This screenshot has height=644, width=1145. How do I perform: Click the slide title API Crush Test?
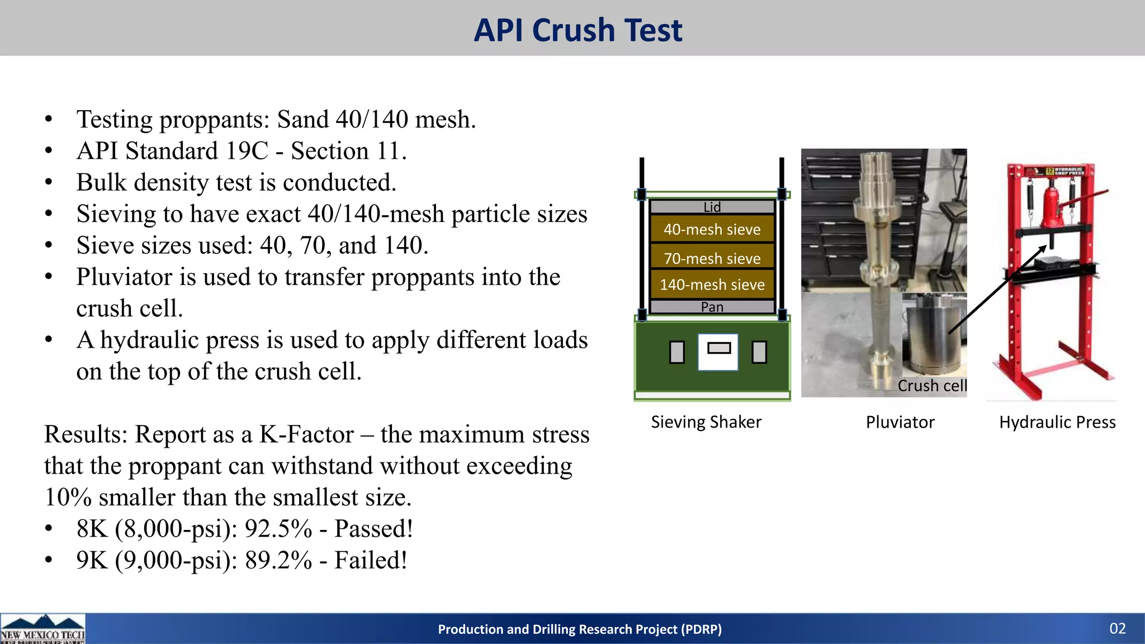pos(578,30)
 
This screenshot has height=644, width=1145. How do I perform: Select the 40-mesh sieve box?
pos(712,229)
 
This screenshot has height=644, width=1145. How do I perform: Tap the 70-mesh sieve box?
pos(712,258)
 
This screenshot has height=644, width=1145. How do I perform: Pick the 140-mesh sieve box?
pos(712,285)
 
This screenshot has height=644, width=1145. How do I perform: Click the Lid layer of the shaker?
pos(712,207)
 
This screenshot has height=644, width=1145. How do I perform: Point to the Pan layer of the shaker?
pos(712,307)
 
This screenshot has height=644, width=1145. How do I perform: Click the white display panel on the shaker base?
pos(718,352)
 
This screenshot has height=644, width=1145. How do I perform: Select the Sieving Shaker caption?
pos(706,422)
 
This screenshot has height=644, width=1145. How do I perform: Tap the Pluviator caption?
pos(900,422)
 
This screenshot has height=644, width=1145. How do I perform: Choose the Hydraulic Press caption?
pos(1057,422)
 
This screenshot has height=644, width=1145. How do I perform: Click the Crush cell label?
pos(932,386)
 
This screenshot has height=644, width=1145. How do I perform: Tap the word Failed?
pos(371,560)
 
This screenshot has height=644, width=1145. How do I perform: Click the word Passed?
pos(373,529)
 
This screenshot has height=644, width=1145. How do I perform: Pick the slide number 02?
pos(1117,628)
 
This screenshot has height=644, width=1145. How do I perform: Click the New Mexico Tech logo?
pos(42,629)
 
